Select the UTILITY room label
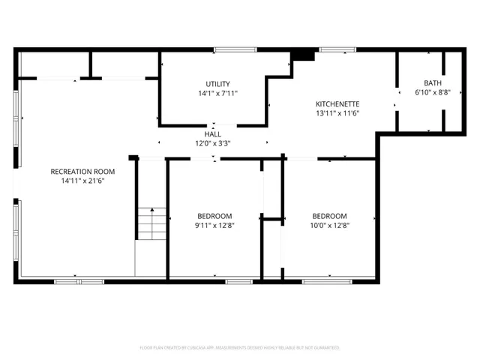tap(217, 84)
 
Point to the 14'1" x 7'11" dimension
tap(217, 94)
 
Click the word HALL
tap(214, 133)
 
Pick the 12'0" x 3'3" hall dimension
tap(214, 142)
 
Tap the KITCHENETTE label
tap(337, 103)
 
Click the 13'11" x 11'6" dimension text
tap(337, 113)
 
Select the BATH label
tap(433, 83)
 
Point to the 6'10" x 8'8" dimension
tap(433, 93)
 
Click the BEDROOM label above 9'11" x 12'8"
tap(214, 215)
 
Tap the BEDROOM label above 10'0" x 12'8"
tap(330, 215)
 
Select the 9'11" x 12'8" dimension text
tap(214, 224)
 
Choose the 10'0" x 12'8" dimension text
tap(330, 224)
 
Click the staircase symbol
tap(151, 223)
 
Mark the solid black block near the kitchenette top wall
tap(304, 54)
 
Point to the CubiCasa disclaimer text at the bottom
tap(240, 347)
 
